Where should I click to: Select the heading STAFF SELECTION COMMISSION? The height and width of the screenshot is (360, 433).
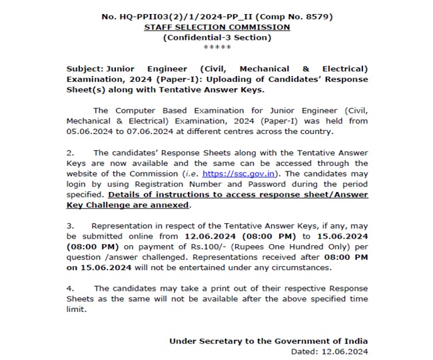(x=217, y=27)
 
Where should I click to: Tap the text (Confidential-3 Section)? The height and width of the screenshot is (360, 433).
(x=217, y=38)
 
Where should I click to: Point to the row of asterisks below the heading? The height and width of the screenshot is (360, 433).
(x=217, y=48)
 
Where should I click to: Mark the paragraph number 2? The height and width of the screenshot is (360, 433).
(x=70, y=153)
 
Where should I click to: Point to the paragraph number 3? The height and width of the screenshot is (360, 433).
(x=70, y=226)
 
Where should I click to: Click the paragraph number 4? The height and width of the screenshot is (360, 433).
(x=70, y=288)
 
